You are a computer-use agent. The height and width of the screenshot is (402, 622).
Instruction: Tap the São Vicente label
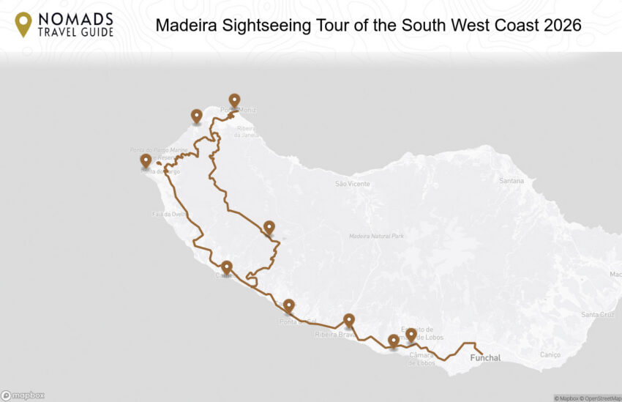click(352, 184)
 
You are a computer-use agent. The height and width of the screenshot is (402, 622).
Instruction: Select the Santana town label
click(511, 180)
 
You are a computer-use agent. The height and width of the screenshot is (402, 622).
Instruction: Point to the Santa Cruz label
click(596, 314)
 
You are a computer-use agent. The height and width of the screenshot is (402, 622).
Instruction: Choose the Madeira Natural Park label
click(376, 236)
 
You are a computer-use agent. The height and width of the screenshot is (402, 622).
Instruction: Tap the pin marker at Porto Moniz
click(234, 100)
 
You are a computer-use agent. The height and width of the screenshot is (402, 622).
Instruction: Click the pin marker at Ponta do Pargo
click(146, 160)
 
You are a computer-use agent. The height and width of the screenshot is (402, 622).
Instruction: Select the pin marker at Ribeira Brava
click(349, 320)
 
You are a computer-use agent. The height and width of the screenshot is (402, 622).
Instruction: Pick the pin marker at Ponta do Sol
click(289, 305)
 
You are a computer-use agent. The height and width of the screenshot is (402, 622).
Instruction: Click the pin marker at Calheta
click(227, 267)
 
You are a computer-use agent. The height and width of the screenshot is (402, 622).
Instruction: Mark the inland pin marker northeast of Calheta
click(269, 226)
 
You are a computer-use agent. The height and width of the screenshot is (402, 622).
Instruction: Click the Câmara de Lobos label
click(422, 358)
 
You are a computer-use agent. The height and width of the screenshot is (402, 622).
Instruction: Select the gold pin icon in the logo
click(23, 23)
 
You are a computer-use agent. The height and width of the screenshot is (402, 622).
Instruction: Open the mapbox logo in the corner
click(23, 395)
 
